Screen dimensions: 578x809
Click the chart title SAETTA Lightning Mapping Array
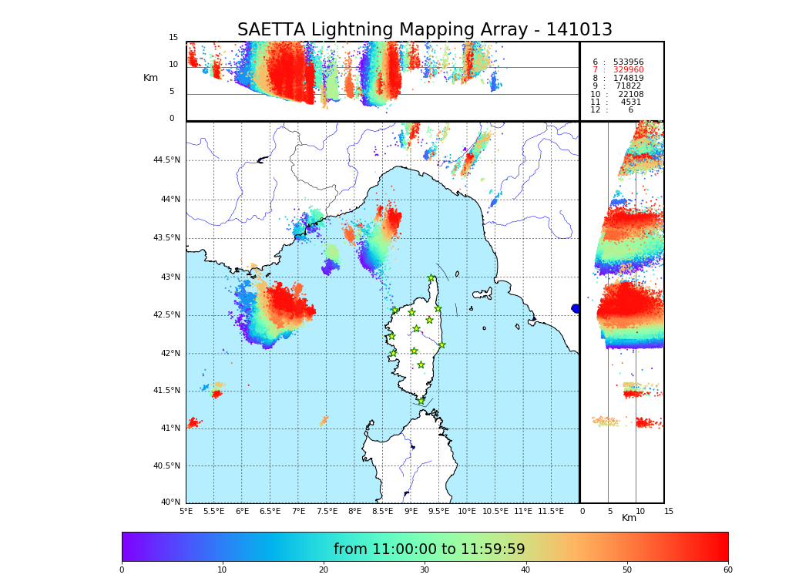[425, 30]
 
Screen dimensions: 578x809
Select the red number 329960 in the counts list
[628, 70]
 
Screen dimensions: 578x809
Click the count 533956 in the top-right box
[628, 62]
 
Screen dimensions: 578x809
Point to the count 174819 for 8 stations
[628, 79]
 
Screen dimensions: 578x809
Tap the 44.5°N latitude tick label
[166, 160]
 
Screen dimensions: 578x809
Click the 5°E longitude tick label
[186, 512]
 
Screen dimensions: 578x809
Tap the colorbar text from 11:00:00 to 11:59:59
[429, 549]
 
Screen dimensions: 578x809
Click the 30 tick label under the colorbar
[425, 570]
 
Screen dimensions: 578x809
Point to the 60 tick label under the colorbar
[727, 570]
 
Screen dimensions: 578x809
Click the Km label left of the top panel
[150, 78]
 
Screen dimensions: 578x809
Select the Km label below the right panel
[629, 518]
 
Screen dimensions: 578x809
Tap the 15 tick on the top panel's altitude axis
[173, 38]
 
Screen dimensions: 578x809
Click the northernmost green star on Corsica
[431, 278]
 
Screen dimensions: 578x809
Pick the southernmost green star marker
[421, 401]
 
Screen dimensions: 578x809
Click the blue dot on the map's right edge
[576, 308]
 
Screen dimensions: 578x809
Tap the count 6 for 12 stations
[630, 110]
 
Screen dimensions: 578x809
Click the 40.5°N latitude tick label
[166, 466]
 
